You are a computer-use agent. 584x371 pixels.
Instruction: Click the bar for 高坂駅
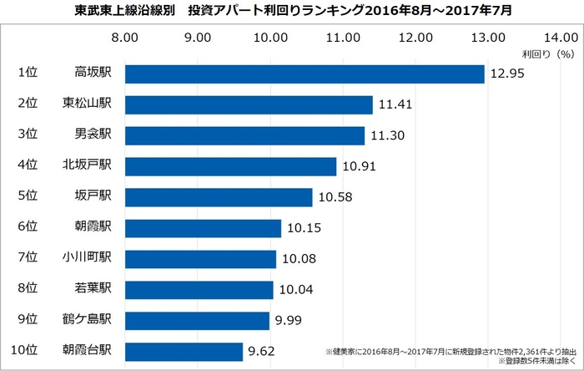coord(305,74)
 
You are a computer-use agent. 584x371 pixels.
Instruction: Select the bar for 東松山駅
coord(249,104)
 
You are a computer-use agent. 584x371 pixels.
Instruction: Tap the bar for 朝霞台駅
coord(184,352)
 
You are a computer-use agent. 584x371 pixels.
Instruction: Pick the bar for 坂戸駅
coord(219,197)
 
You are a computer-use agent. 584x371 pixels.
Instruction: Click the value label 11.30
coord(387,135)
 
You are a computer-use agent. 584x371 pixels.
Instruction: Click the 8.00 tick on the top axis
coord(125,38)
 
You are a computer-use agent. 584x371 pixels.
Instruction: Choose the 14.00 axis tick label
coord(560,38)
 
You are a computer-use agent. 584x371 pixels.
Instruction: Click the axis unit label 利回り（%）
coord(547,53)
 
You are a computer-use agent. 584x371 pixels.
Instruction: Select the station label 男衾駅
coord(93,135)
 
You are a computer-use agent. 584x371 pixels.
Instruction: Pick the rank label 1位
coord(28,74)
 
